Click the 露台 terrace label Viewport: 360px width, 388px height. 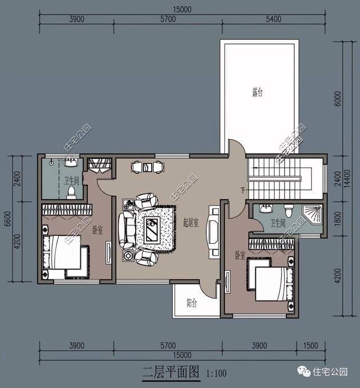click(258, 92)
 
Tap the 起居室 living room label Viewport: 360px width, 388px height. click(191, 222)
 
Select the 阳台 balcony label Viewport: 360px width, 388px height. click(192, 302)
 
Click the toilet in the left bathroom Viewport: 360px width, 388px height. click(71, 193)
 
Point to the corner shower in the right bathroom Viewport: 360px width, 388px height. click(313, 215)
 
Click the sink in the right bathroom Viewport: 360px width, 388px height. click(266, 208)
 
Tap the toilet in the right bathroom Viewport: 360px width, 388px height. click(289, 211)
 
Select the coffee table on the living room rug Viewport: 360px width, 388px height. click(152, 229)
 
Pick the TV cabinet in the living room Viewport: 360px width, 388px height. click(213, 232)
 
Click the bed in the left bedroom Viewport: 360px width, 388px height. click(62, 252)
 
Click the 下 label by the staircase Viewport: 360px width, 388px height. click(244, 190)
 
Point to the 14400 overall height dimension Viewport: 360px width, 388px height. click(348, 179)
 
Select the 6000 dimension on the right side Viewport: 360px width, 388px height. click(337, 99)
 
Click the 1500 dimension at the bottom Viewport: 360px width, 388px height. click(310, 345)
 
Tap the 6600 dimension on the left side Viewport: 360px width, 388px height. click(8, 218)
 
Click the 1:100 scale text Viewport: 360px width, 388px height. click(217, 373)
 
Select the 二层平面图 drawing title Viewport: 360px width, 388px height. click(171, 372)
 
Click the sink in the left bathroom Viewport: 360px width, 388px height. click(71, 163)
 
